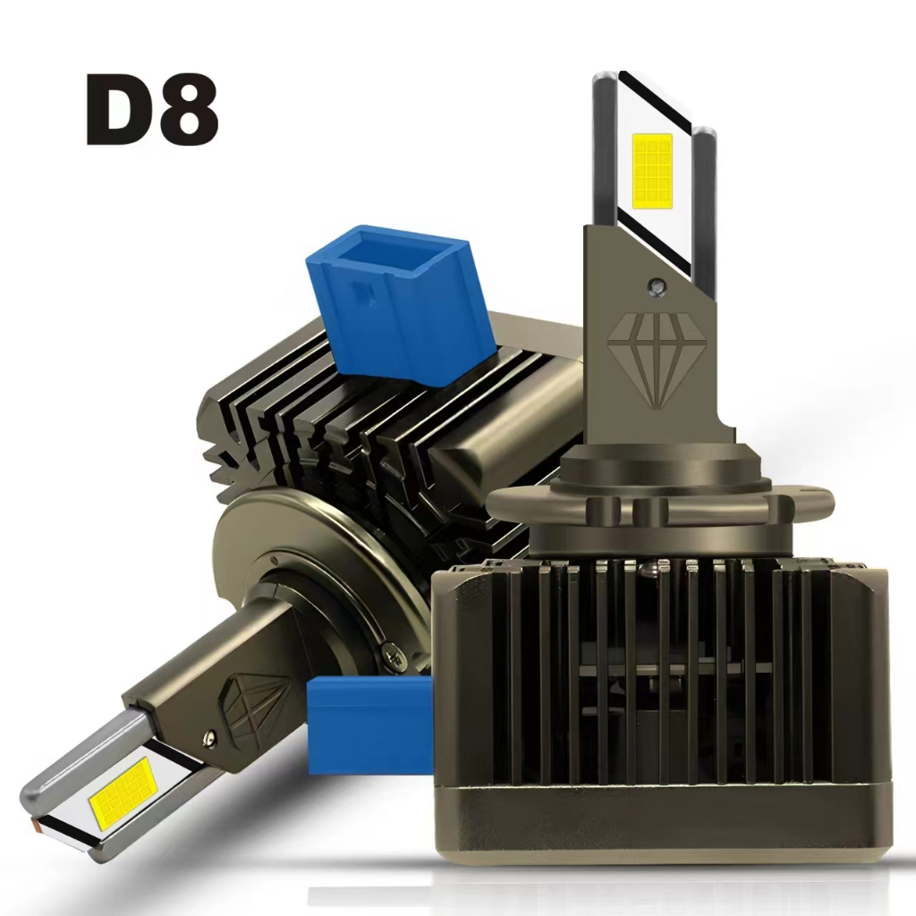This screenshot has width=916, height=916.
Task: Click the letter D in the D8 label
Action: pos(120,109)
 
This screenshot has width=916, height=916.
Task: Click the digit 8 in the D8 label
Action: pos(189,109)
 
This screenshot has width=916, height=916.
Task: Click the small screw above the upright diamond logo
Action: pos(656,285)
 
